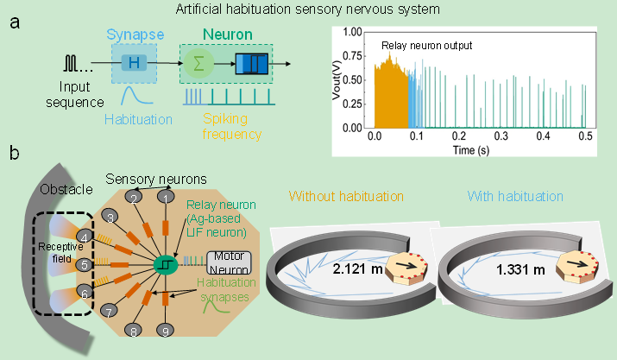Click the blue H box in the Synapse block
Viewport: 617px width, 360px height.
[134, 62]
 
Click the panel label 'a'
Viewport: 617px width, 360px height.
[15, 23]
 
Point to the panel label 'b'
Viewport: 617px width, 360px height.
[15, 155]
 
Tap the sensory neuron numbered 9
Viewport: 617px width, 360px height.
[167, 328]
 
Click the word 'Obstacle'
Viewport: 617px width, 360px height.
[62, 187]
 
